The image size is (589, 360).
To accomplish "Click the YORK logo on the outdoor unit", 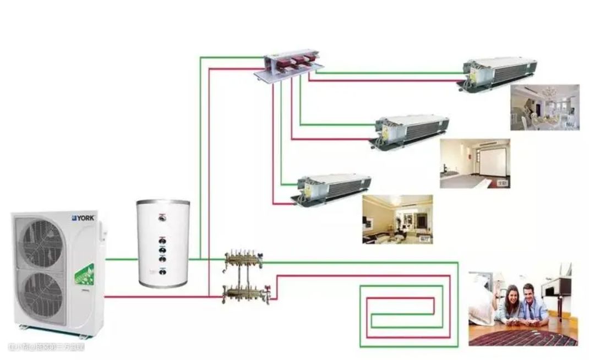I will (x=83, y=218).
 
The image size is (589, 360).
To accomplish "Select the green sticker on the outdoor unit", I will (x=84, y=275).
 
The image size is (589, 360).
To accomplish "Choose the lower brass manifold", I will (x=244, y=292).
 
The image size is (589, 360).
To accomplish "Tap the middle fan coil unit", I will (x=411, y=132).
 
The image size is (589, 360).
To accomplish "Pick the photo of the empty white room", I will (x=475, y=163).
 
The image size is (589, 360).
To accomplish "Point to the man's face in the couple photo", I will (x=530, y=294).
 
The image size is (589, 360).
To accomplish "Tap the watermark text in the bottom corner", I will (x=46, y=347).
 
